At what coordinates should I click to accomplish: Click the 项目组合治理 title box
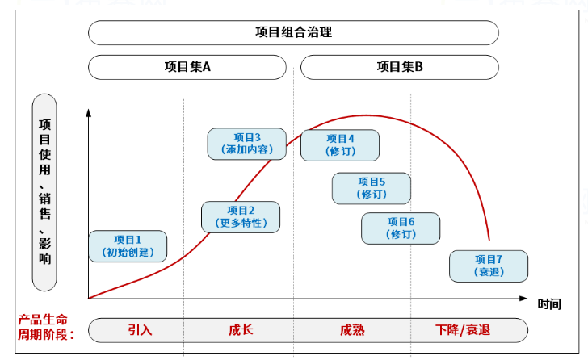tap(292, 33)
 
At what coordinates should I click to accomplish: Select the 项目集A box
tap(187, 67)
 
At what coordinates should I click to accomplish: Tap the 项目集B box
tap(399, 67)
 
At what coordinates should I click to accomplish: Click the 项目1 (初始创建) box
tap(128, 246)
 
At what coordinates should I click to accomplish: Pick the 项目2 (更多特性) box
tap(241, 216)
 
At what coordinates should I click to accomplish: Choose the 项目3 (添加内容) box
tap(247, 144)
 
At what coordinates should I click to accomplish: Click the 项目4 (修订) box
tap(340, 144)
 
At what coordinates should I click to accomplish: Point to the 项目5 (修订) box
tap(372, 188)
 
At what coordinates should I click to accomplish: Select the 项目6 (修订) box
tap(401, 228)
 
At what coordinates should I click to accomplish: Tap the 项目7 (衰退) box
tap(489, 266)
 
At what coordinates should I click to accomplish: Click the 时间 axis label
tap(549, 303)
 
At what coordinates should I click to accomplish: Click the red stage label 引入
tap(140, 329)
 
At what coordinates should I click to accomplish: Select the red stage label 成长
tap(241, 329)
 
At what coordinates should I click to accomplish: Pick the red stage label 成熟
tap(352, 329)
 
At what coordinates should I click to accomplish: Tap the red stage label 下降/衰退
tap(463, 329)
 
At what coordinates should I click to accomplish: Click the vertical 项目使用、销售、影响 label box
tap(44, 192)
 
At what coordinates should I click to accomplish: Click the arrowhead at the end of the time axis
tap(525, 299)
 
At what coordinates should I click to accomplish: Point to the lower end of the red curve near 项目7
tap(489, 239)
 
